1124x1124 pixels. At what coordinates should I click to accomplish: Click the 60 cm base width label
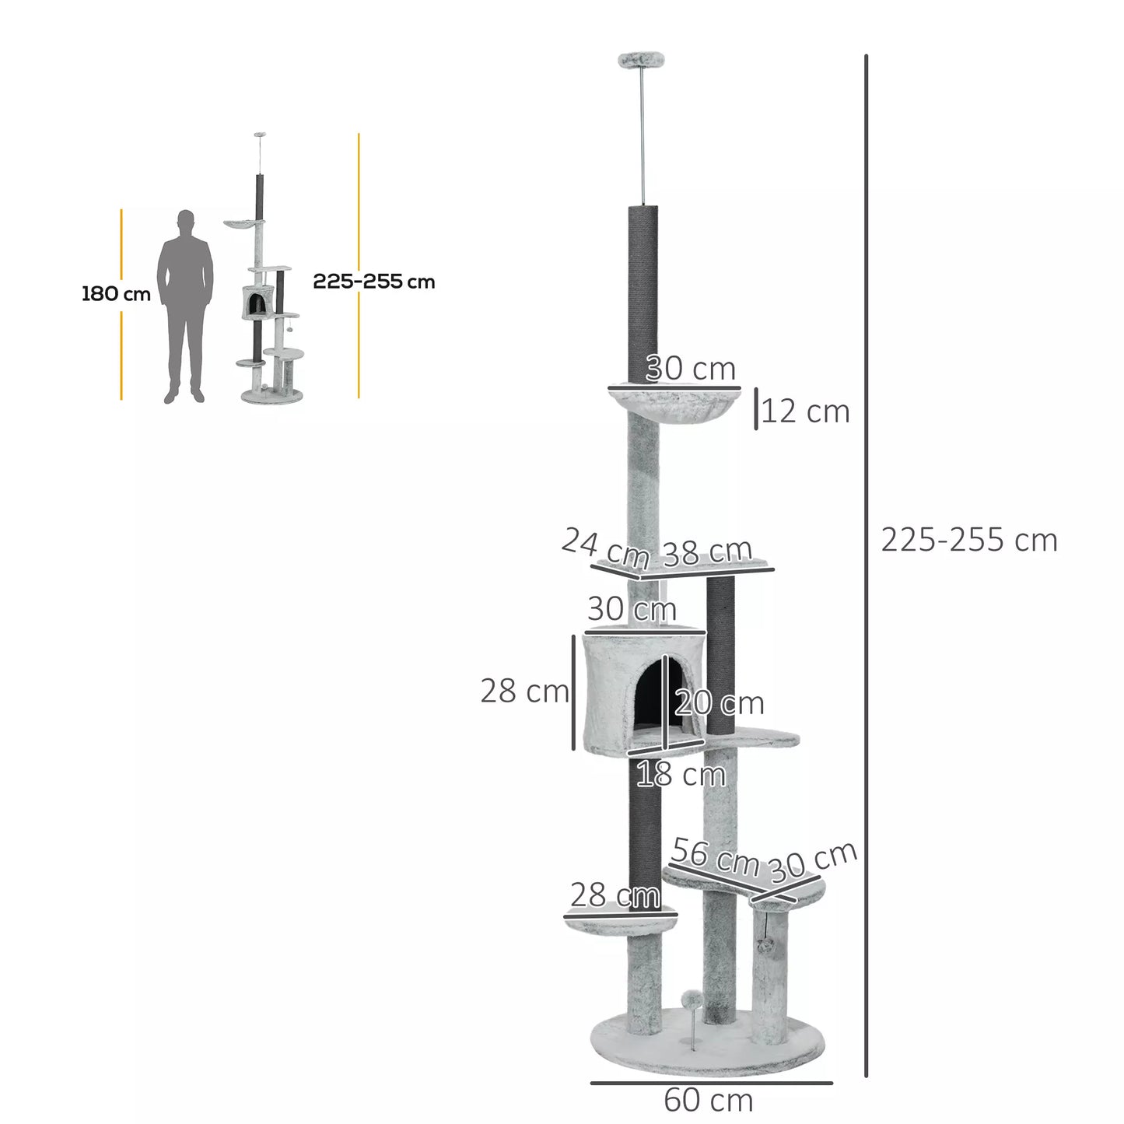click(x=708, y=1101)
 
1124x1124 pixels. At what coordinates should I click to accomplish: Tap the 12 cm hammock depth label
click(x=805, y=411)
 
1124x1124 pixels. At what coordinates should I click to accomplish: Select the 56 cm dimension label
click(x=715, y=856)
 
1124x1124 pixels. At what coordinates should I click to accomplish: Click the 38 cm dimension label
click(x=707, y=551)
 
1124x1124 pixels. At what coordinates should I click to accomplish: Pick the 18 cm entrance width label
click(x=681, y=775)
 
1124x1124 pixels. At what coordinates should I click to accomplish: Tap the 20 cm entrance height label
click(x=720, y=703)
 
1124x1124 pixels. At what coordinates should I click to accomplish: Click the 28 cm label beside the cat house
click(x=524, y=691)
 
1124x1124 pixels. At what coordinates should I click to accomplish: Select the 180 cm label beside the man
click(x=116, y=294)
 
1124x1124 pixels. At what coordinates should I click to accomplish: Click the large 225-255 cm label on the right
click(x=969, y=540)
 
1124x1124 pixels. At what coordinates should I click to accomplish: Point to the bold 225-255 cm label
click(x=373, y=282)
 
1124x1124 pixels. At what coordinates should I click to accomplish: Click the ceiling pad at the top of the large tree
click(x=640, y=58)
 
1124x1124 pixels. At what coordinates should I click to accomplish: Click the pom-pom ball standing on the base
click(x=688, y=999)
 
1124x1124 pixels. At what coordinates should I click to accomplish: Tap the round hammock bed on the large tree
click(x=672, y=404)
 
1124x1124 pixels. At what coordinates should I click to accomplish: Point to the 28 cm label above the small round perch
click(x=615, y=896)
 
